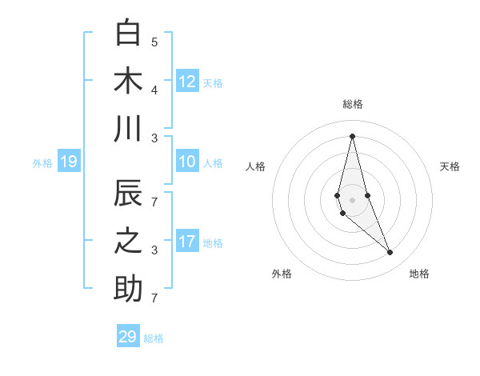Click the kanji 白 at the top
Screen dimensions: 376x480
[128, 33]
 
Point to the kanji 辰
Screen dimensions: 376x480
[128, 195]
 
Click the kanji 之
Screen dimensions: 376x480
[128, 242]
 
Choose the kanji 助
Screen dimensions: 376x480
[128, 289]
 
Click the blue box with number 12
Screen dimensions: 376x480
[187, 81]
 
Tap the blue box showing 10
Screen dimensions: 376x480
[187, 162]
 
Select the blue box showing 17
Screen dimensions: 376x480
[187, 242]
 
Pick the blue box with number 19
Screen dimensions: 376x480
[69, 162]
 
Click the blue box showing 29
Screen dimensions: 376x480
[128, 337]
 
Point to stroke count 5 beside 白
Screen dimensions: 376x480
[154, 42]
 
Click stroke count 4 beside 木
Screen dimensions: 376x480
[154, 89]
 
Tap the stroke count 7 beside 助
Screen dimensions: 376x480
[154, 298]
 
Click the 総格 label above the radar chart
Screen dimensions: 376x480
[352, 104]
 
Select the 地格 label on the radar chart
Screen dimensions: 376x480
[419, 274]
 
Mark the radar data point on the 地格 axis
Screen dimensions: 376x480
[390, 253]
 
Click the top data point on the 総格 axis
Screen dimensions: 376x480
[352, 136]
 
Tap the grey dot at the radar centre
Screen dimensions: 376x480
[352, 200]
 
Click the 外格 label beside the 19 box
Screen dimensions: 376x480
[42, 163]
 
